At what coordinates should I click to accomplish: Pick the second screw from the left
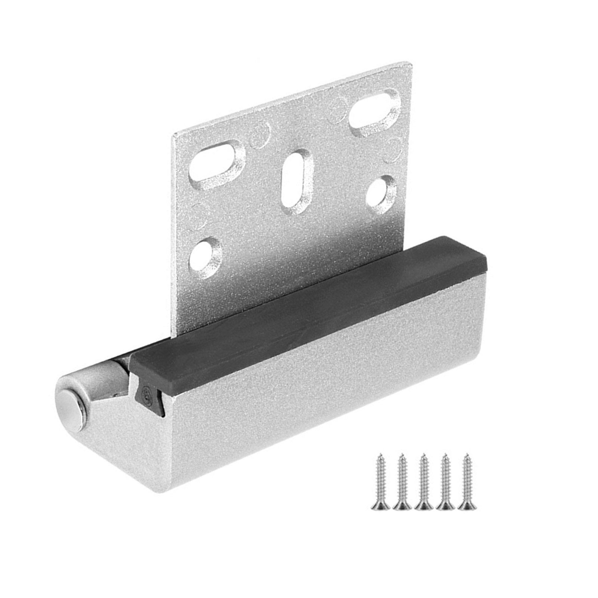pyautogui.click(x=402, y=482)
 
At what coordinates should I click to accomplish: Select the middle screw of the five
pyautogui.click(x=423, y=482)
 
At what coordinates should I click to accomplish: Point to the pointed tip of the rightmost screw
pyautogui.click(x=465, y=455)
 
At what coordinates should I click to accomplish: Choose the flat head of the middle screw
pyautogui.click(x=423, y=506)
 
